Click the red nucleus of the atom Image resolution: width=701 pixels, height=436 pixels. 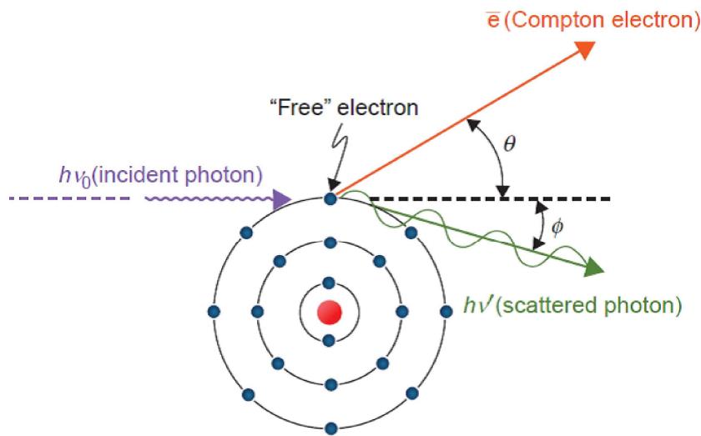point(330,313)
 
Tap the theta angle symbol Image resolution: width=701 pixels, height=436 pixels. point(510,144)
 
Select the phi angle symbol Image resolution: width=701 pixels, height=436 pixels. point(557,228)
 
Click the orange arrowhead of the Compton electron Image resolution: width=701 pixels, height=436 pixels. point(584,49)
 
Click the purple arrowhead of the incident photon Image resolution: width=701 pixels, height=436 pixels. point(282,199)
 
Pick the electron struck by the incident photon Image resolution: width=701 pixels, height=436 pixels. point(330,198)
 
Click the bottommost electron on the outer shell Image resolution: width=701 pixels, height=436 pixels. point(330,428)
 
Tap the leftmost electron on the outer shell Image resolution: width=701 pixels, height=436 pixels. point(214,311)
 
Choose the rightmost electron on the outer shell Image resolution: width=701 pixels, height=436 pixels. point(446,311)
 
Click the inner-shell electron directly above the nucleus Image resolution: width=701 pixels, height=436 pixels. point(329,283)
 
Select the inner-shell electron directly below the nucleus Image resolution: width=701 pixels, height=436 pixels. point(329,341)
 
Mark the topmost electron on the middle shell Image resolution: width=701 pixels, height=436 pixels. point(330,243)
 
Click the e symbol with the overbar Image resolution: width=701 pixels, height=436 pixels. point(493,21)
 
